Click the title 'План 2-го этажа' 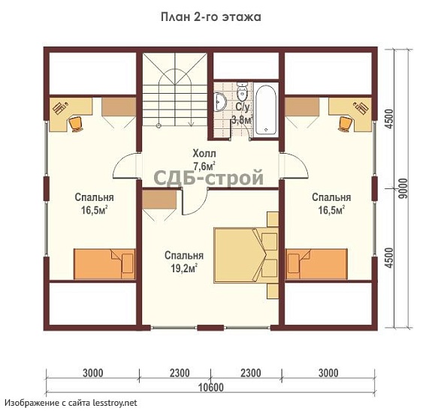pos(211,17)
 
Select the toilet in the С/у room pos(242,91)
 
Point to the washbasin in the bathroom pos(220,101)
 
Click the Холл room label pos(204,153)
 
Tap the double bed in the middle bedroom pos(246,255)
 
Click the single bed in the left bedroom pos(104,264)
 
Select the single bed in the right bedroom pos(316,264)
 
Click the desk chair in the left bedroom pos(75,124)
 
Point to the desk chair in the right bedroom pos(345,124)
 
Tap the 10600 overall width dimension pos(211,387)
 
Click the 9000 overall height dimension pos(404,188)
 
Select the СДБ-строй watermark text pos(208,178)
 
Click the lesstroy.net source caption pos(71,403)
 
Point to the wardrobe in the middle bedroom pos(159,199)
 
